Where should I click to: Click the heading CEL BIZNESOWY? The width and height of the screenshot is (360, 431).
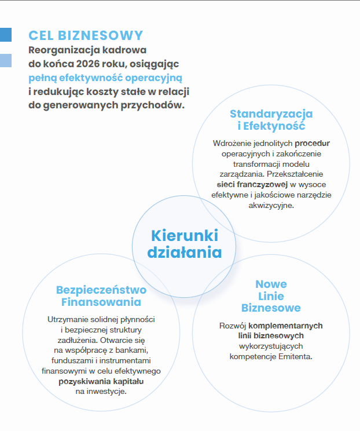point(86,35)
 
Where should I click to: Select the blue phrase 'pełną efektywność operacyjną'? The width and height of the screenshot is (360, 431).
point(105,77)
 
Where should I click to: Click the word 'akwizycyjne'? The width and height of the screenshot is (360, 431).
point(271,204)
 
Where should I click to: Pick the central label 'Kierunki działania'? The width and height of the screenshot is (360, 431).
point(184,244)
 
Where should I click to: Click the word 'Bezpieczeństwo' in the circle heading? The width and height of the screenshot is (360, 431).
point(101,290)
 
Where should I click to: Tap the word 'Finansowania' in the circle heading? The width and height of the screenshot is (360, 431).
point(101,302)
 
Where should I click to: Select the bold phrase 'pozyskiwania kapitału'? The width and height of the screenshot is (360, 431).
point(101,382)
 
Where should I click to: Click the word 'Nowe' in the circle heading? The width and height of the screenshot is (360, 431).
point(271,284)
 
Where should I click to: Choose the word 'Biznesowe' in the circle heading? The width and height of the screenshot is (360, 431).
point(271,308)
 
